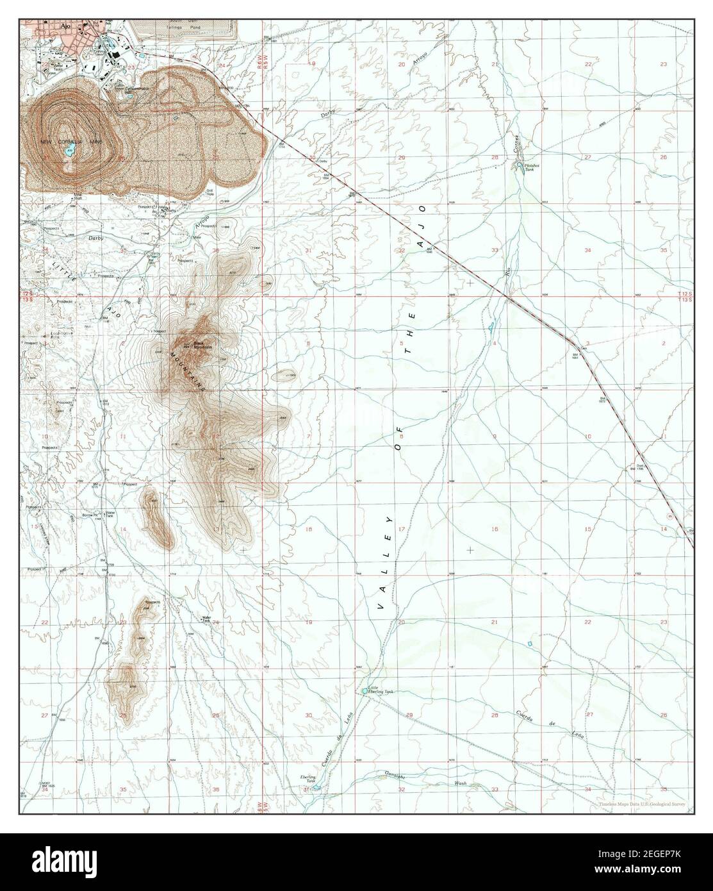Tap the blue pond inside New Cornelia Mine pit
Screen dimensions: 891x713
tap(69, 152)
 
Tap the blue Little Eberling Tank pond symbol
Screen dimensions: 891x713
tap(365, 691)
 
